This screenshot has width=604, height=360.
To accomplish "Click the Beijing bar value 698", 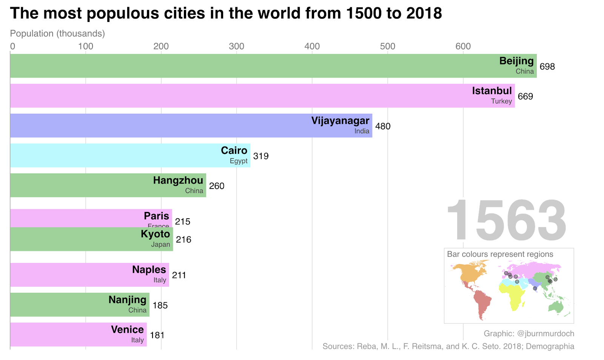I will pyautogui.click(x=547, y=66).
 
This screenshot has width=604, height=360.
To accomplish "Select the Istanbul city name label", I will pyautogui.click(x=492, y=91).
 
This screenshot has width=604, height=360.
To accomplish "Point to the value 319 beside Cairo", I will pyautogui.click(x=261, y=156).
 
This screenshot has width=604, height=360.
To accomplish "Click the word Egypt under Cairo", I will pyautogui.click(x=239, y=161).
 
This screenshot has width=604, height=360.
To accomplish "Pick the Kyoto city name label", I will pyautogui.click(x=155, y=234).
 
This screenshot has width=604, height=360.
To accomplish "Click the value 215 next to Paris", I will pyautogui.click(x=183, y=221).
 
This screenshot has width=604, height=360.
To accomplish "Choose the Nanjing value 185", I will pyautogui.click(x=160, y=305).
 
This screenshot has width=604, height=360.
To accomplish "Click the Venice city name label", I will pyautogui.click(x=127, y=329).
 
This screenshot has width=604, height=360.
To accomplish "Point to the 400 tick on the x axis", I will pyautogui.click(x=312, y=46).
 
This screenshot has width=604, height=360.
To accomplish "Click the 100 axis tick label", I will pyautogui.click(x=86, y=46).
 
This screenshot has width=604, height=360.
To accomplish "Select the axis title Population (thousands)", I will pyautogui.click(x=57, y=33).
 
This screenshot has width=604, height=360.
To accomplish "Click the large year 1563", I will pyautogui.click(x=506, y=221).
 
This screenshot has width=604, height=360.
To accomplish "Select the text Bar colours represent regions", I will pyautogui.click(x=500, y=254).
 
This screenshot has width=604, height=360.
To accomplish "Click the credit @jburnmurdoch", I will pyautogui.click(x=545, y=334).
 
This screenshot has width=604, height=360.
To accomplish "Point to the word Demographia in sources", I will pyautogui.click(x=550, y=346).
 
